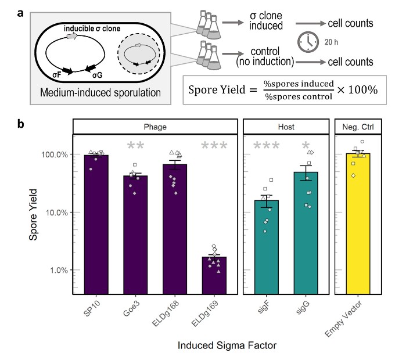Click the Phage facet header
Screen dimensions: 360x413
[x=155, y=126]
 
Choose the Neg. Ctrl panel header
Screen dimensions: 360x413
[x=358, y=126]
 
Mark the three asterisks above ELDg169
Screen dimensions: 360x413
[x=214, y=146]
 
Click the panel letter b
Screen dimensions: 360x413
[x=21, y=123]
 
